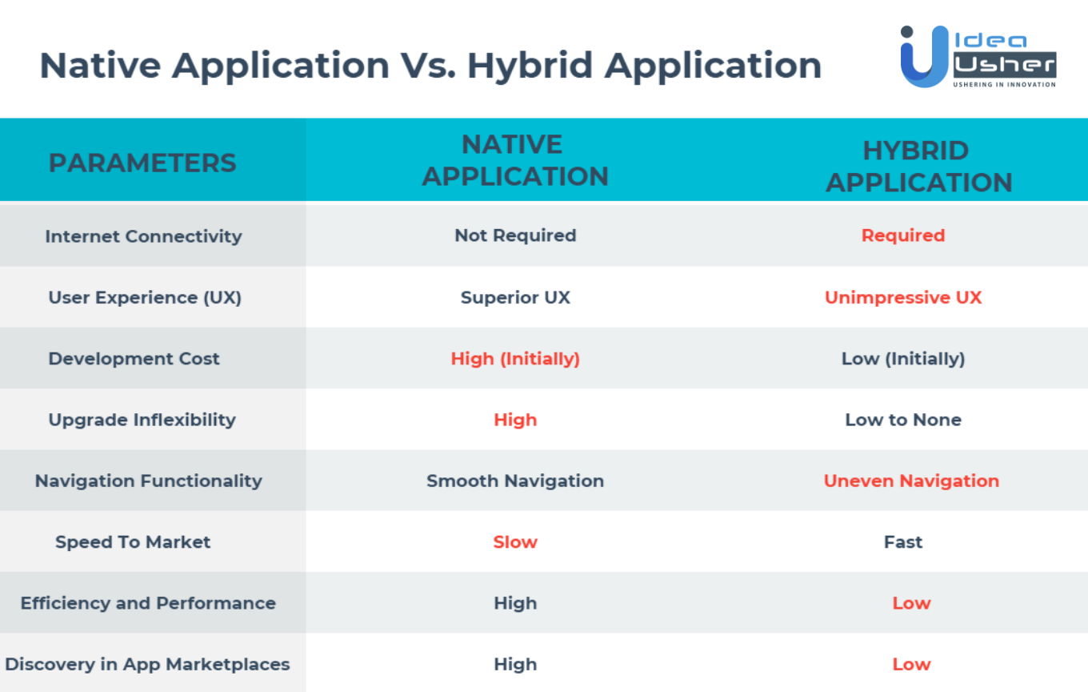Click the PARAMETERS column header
coord(142,163)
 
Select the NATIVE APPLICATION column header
coord(515,160)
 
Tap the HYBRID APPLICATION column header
coord(919,167)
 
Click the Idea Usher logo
coord(978,56)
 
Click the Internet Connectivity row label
coord(143,236)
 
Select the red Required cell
coord(903,235)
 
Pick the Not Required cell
coord(515,235)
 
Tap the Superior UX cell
coord(515,298)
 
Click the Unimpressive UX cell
coord(903,298)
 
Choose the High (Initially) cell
coord(515,359)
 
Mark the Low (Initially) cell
coord(903,359)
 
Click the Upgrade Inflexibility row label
coord(142,420)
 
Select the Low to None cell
coord(903,420)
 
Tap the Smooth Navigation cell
coord(515,481)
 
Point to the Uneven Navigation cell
coord(911,481)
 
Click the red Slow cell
coord(515,542)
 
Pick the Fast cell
coord(903,542)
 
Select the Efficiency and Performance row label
coord(148,603)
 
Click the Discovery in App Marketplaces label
coord(147,665)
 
